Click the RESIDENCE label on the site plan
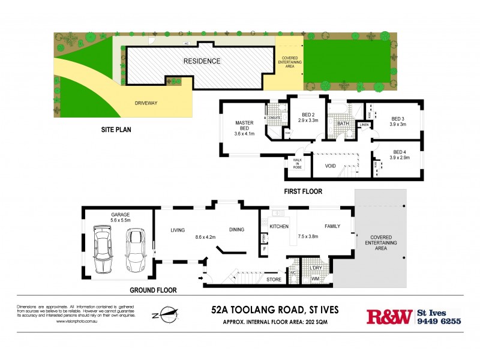[202, 61]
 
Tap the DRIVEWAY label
[146, 103]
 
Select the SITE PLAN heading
[116, 129]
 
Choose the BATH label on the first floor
[343, 124]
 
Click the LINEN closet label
[364, 125]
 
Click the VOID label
[330, 166]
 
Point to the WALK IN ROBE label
[297, 164]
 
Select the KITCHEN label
[279, 226]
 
